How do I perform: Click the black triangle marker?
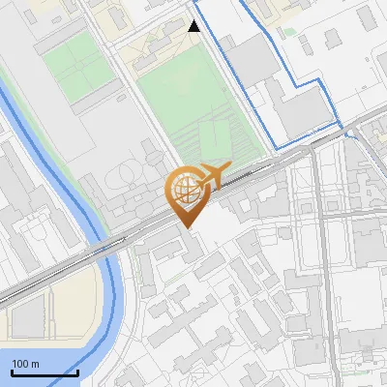pyautogui.click(x=194, y=26)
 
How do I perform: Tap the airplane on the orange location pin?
pyautogui.click(x=212, y=175)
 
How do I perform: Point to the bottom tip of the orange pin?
pyautogui.click(x=188, y=228)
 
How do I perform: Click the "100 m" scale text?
pyautogui.click(x=25, y=364)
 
